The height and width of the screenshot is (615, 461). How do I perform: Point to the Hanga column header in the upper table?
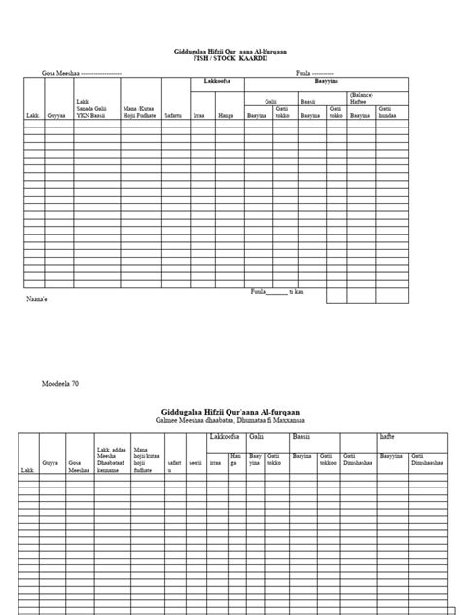point(226,115)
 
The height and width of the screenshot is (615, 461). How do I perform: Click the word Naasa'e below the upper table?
point(36,300)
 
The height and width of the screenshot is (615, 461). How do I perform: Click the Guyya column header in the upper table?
point(56,115)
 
